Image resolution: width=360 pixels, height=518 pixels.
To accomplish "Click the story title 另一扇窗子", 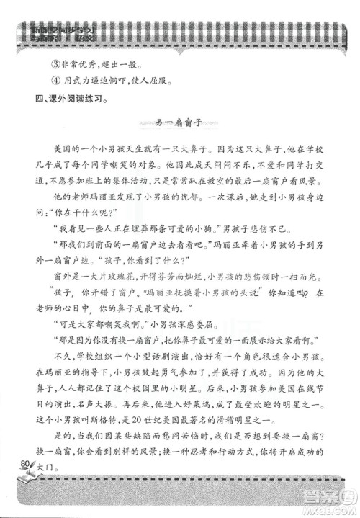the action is tap(179, 122).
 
